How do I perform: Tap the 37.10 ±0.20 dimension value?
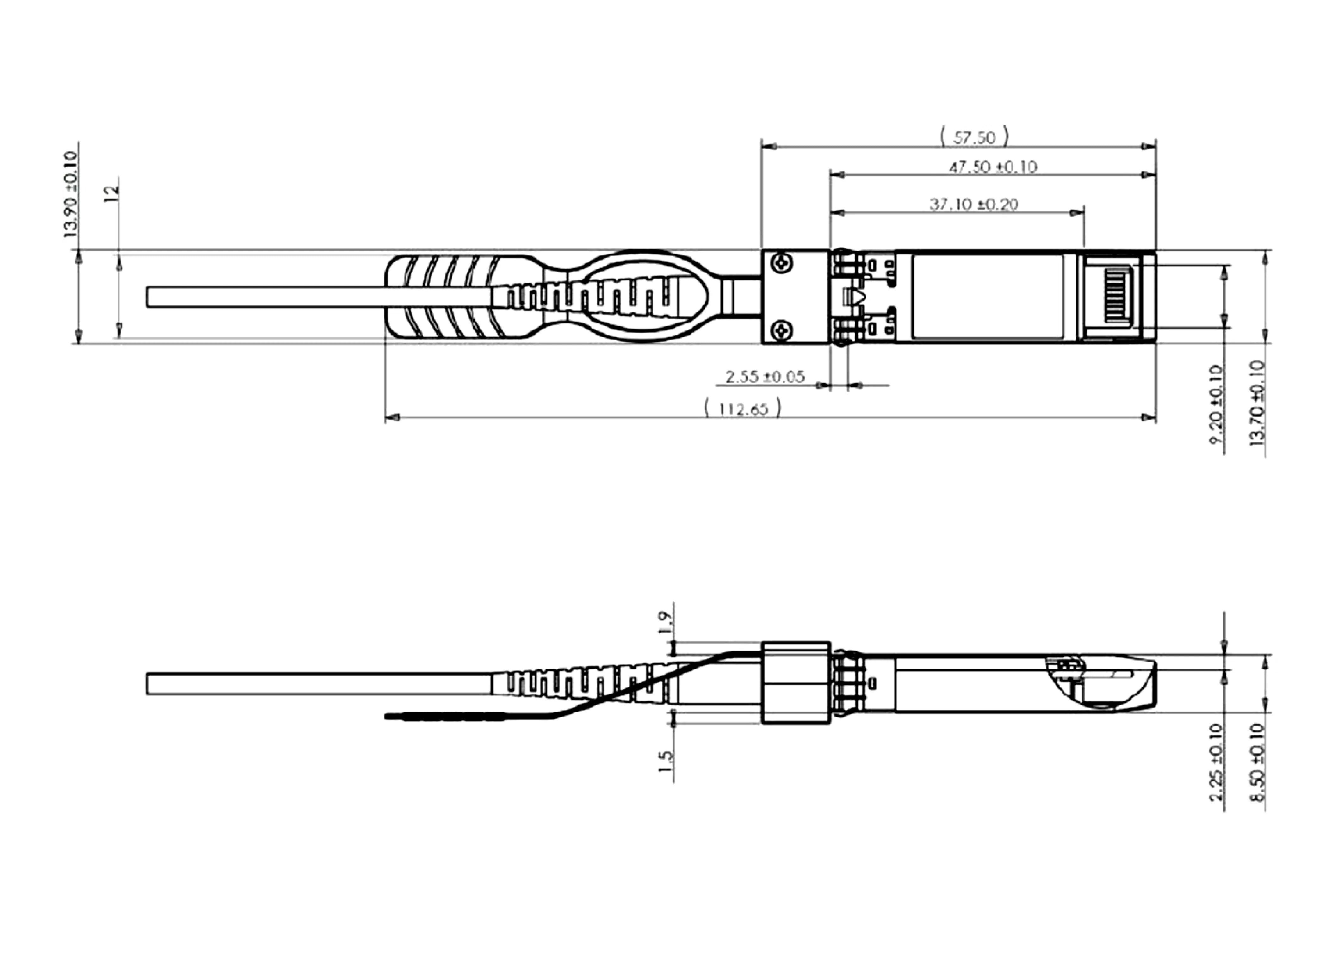pyautogui.click(x=974, y=204)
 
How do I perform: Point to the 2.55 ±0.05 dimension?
pyautogui.click(x=765, y=377)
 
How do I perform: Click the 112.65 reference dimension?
pyautogui.click(x=743, y=408)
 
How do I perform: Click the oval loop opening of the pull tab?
pyautogui.click(x=641, y=297)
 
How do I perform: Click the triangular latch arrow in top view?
pyautogui.click(x=855, y=297)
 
